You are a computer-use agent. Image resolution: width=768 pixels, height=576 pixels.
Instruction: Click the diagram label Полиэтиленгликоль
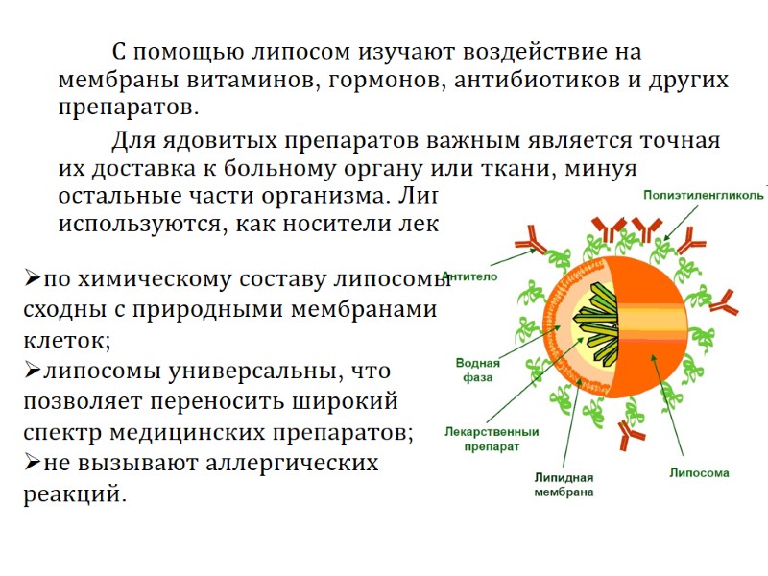(x=704, y=195)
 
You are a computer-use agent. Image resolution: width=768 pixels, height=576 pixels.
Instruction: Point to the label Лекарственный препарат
(x=492, y=439)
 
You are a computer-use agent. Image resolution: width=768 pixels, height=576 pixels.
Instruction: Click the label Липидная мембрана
(x=564, y=485)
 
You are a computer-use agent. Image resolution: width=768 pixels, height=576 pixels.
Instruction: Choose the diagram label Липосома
(x=699, y=472)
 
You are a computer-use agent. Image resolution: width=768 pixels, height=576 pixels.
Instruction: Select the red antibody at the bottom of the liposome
(x=630, y=437)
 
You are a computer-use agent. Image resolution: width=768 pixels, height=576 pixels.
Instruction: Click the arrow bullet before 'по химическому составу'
(x=31, y=280)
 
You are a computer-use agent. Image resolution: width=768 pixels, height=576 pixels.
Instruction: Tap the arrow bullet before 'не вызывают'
(x=31, y=464)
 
